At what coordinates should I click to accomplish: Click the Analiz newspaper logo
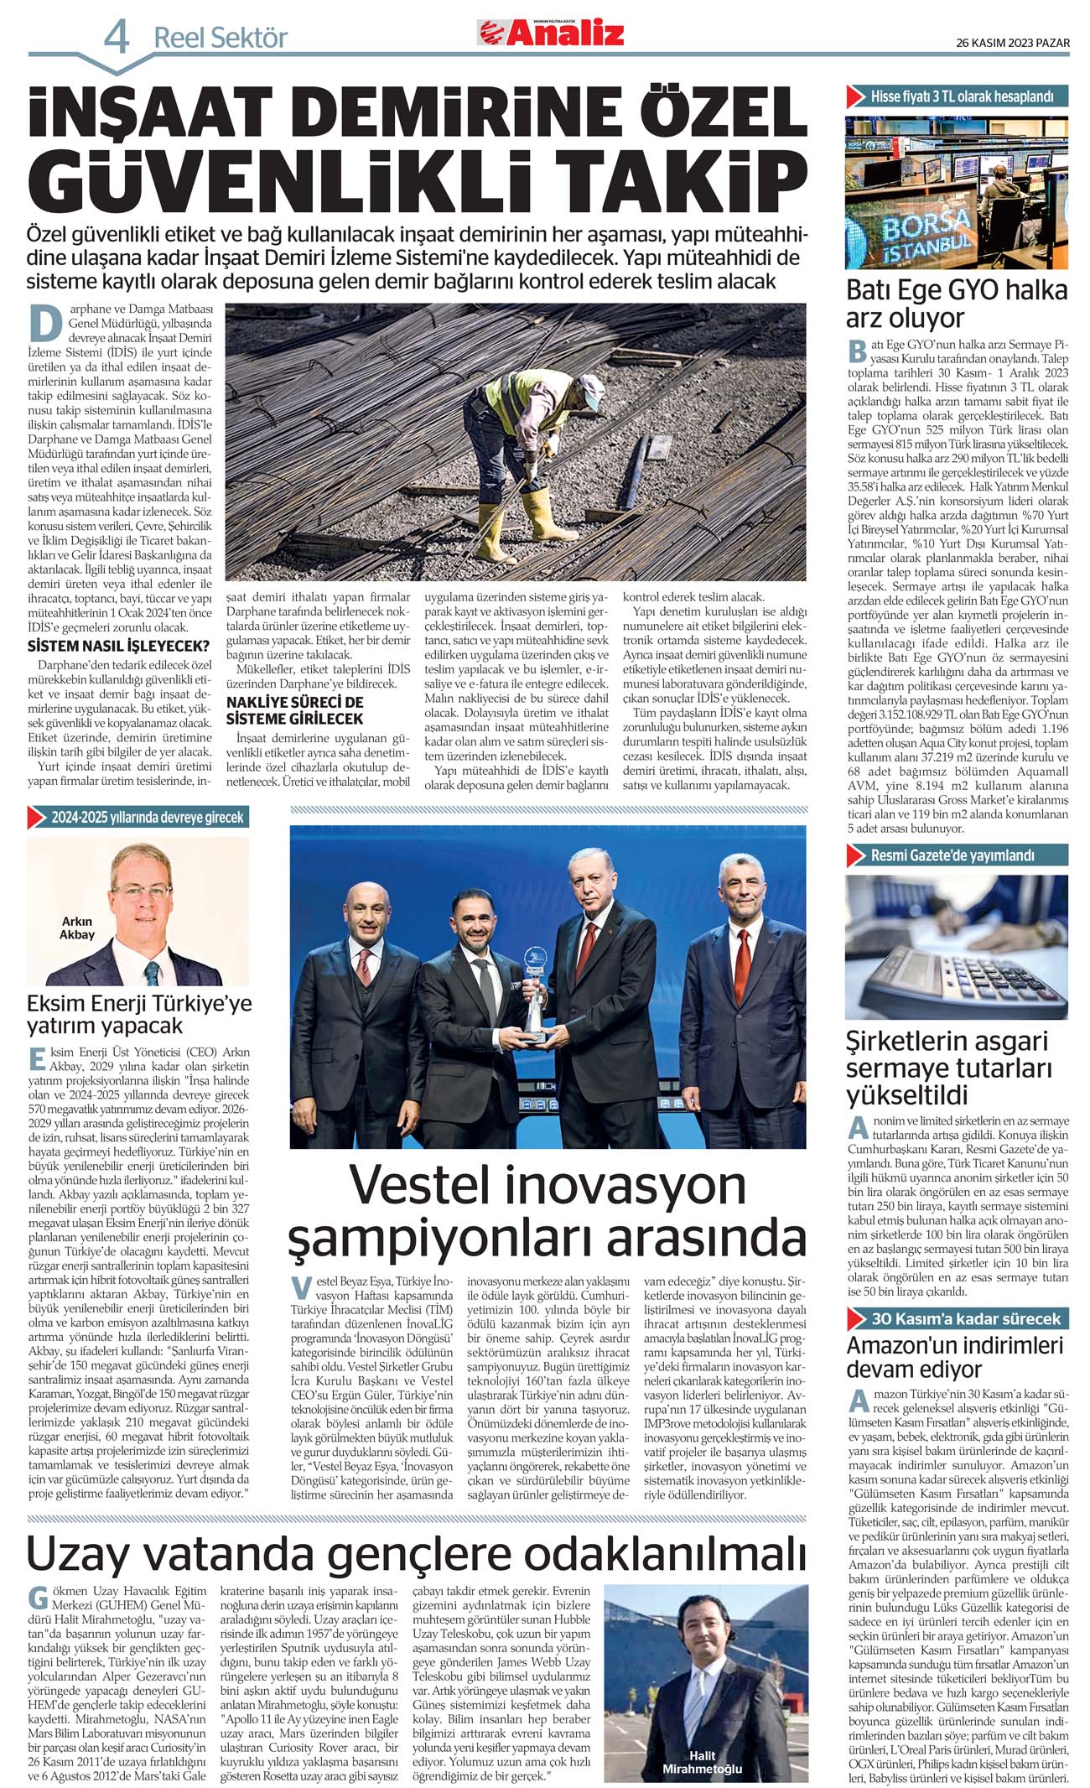pos(551,33)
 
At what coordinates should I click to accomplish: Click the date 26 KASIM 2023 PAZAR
pos(1012,44)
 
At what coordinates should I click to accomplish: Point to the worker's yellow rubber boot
pos(492,534)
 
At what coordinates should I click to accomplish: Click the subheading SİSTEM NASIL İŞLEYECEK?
pos(118,646)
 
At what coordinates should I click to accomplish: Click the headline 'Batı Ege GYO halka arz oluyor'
pos(956,304)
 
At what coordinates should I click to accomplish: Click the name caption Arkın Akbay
pos(77,928)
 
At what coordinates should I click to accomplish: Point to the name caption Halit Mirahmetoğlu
pos(702,1761)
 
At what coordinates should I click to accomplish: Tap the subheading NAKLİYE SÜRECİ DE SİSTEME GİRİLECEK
pos(294,710)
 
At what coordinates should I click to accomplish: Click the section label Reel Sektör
pos(220,39)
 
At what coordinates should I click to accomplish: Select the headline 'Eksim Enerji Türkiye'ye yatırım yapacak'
pos(138,1014)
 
